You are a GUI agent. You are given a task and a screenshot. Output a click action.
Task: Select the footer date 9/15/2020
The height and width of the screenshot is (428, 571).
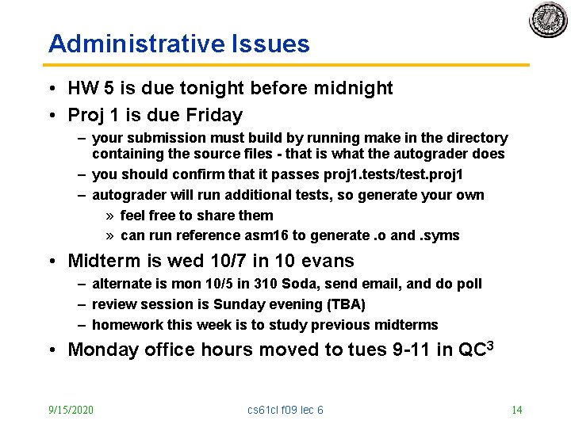71,410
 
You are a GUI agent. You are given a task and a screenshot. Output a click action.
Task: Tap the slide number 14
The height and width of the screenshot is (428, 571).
516,410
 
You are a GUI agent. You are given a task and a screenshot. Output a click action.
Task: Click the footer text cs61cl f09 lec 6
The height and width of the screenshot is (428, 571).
285,410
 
